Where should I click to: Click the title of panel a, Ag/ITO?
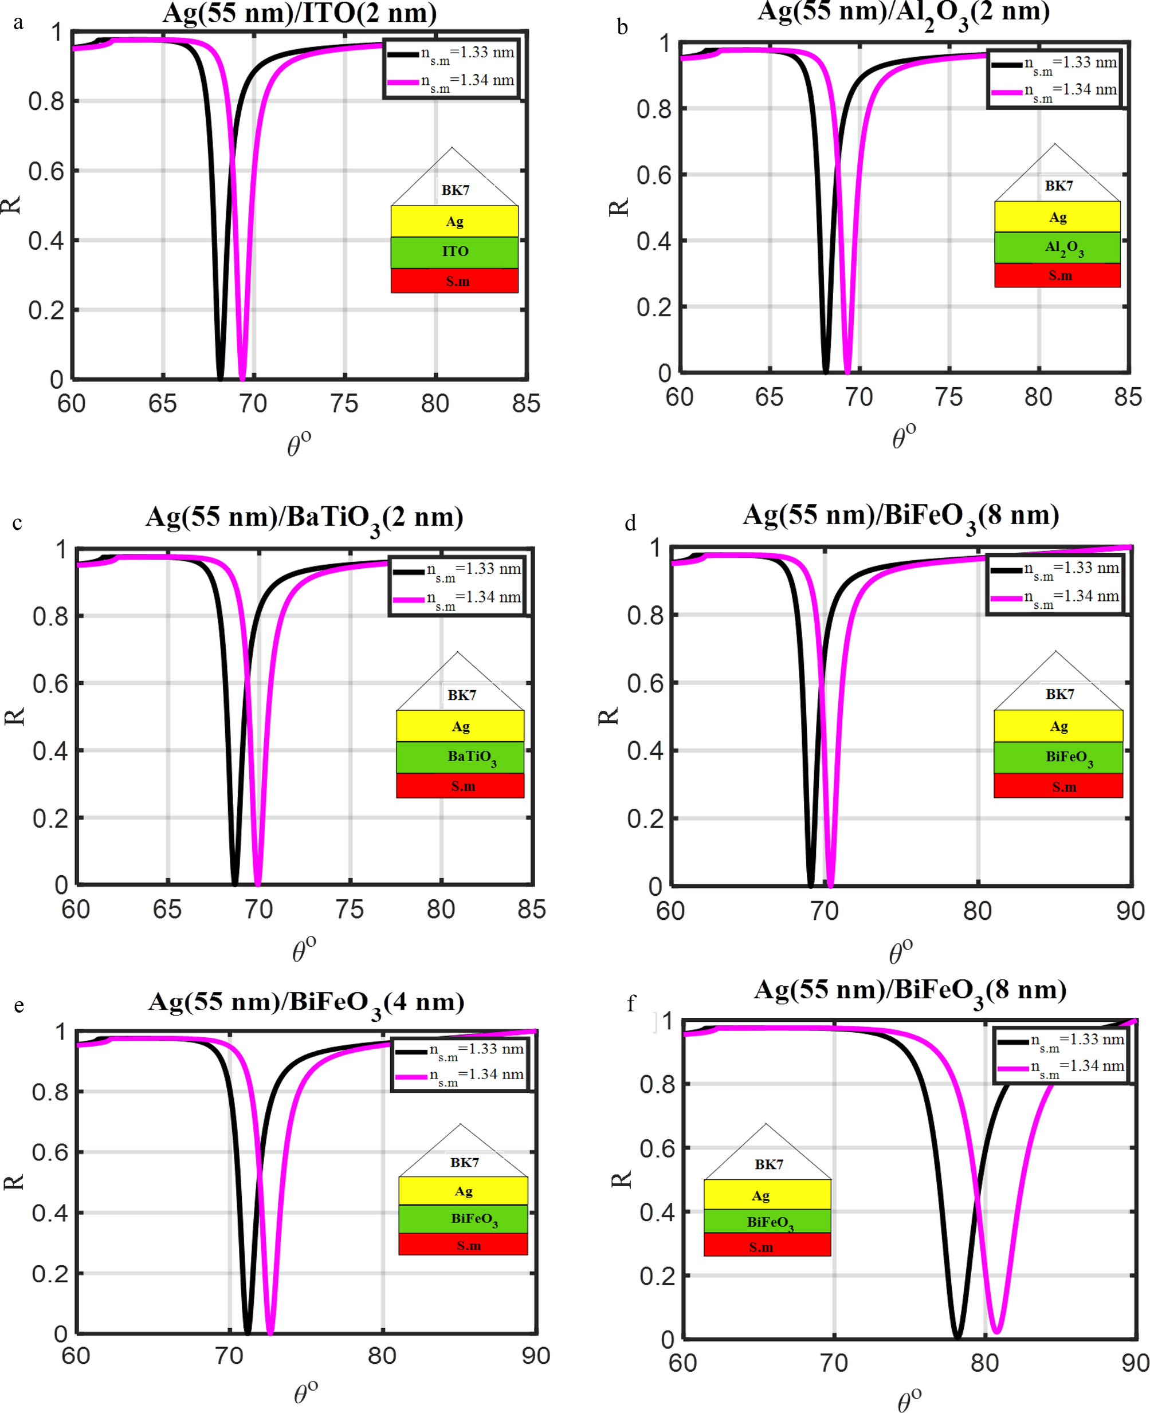coord(300,13)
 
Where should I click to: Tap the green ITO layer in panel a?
coord(454,251)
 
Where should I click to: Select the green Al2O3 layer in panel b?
coord(1057,247)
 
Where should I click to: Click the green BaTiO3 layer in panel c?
coord(460,757)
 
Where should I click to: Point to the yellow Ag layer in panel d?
coord(1058,726)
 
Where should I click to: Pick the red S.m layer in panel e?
coord(463,1245)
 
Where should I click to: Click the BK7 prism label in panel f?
coord(768,1164)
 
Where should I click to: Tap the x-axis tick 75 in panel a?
coord(344,403)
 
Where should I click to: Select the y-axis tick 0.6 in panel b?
coord(654,175)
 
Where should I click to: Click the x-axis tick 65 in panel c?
coord(167,909)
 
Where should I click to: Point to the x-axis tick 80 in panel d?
coord(977,911)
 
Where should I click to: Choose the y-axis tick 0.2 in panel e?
coord(50,1273)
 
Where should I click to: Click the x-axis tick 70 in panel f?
coord(833,1363)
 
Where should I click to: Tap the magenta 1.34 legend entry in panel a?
coord(451,81)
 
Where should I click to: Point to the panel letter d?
coord(630,524)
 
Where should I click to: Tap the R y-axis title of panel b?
coord(618,208)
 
